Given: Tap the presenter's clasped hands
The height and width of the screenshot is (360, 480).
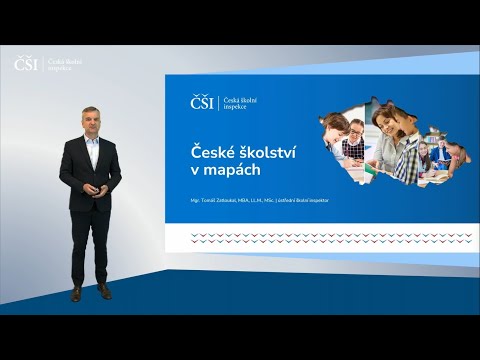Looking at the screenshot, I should tap(92, 186).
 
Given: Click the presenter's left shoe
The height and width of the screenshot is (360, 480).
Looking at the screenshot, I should tap(104, 291).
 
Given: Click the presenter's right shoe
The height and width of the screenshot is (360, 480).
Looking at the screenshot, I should tap(77, 293).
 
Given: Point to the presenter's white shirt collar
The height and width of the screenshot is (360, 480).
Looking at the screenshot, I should tap(91, 140).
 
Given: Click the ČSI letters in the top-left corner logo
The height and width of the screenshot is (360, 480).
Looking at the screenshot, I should tap(27, 64).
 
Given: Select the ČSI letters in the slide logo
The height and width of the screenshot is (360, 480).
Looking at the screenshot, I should tap(202, 102).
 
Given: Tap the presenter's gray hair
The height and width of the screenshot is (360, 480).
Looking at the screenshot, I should tap(90, 108).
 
